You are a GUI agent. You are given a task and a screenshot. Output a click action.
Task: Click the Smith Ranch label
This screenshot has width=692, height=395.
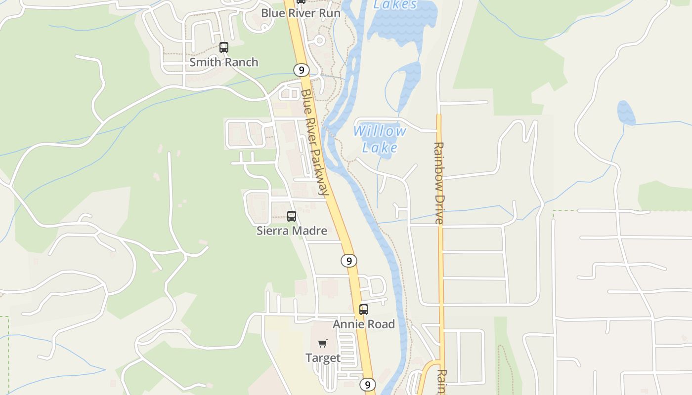tap(224, 62)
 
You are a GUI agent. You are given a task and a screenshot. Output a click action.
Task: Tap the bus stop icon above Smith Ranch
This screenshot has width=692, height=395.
tap(224, 47)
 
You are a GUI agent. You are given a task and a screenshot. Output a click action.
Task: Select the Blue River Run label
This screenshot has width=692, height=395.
tap(301, 13)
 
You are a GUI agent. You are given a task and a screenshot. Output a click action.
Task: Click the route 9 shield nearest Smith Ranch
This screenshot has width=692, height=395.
tap(301, 70)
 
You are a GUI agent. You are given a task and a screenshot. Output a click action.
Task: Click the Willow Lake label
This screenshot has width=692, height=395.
tap(380, 139)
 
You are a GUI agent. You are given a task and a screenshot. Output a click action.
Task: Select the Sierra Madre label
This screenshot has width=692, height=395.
tap(292, 231)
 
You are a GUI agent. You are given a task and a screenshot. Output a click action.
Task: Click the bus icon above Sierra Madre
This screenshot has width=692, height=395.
tap(292, 216)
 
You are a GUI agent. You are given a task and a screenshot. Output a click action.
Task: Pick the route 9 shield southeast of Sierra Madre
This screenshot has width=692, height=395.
tap(349, 261)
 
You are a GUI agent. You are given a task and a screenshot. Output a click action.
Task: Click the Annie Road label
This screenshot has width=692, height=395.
tap(364, 324)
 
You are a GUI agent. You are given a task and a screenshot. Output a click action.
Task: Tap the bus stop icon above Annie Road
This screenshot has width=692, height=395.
tap(364, 310)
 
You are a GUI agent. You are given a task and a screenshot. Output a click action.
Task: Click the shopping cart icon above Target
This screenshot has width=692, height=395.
tap(323, 343)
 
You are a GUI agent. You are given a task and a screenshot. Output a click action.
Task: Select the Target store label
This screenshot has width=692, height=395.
tap(323, 358)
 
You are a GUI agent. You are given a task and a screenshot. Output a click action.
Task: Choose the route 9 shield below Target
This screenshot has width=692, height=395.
tap(367, 385)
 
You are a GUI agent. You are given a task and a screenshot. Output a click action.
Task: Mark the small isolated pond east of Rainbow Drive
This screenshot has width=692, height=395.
tap(626, 113)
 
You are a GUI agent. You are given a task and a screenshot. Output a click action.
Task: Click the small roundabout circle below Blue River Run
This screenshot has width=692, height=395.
tap(319, 40)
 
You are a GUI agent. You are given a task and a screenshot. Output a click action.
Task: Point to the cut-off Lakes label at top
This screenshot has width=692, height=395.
tap(395, 5)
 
